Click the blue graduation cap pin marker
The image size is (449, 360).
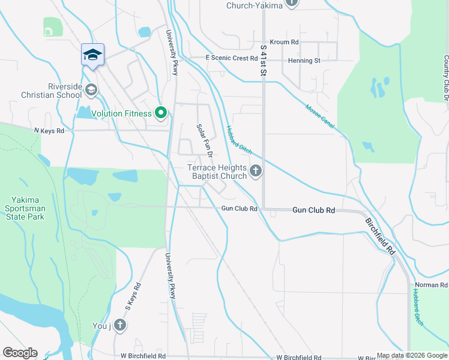click(x=92, y=55)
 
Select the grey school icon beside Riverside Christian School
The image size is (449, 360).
click(x=91, y=91)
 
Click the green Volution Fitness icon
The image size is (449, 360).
click(x=160, y=113)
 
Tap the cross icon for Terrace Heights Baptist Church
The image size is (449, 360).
click(x=256, y=172)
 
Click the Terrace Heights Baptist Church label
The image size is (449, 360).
click(x=217, y=172)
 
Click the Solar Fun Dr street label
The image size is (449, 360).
click(x=203, y=137)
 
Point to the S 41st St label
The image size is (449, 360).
click(x=263, y=59)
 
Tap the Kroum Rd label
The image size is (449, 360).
click(x=284, y=43)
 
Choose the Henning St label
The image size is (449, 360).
click(x=304, y=61)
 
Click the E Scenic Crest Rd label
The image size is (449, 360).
click(x=231, y=58)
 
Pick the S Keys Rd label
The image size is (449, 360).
click(x=133, y=296)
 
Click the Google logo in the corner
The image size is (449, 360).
click(x=20, y=353)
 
